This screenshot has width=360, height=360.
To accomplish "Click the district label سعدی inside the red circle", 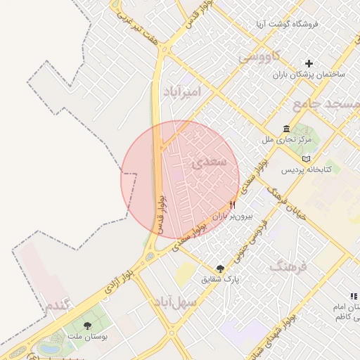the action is (x=209, y=162).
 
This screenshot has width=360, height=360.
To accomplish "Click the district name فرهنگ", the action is (x=289, y=266).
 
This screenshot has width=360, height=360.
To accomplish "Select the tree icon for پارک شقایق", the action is (x=221, y=268).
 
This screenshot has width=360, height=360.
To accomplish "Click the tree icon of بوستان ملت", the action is (x=88, y=326).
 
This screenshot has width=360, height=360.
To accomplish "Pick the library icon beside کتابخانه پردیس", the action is (x=305, y=159).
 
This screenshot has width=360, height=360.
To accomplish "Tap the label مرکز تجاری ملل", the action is (x=286, y=140).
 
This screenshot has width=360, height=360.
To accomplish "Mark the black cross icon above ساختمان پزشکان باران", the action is (x=308, y=63).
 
